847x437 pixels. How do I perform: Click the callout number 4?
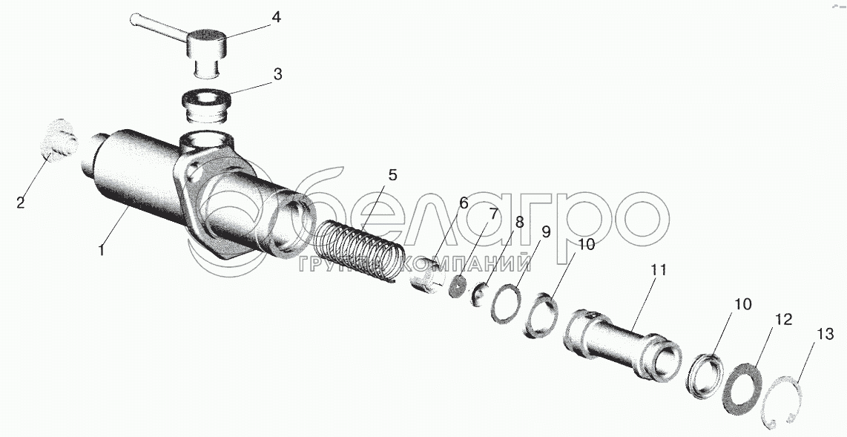275,17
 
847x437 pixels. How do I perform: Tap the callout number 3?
277,74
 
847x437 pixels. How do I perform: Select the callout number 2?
21,203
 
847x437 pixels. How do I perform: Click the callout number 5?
392,175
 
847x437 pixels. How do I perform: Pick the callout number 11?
659,271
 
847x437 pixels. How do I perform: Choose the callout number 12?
783,320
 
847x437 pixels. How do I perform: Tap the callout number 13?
825,335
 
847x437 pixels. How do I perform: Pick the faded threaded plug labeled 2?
59,140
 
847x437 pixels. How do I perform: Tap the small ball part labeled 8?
478,295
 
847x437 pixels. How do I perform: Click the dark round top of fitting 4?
205,36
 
